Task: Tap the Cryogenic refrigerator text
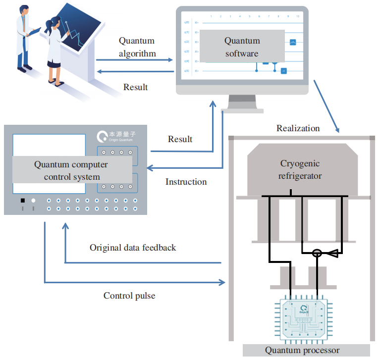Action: tap(300, 169)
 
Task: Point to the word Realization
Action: tap(298, 128)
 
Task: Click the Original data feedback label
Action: tap(132, 247)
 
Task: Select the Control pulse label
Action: tap(129, 296)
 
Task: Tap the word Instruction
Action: tap(186, 182)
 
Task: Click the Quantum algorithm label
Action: tap(137, 47)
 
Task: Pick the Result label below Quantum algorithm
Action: tap(135, 87)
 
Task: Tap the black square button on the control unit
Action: tap(22, 201)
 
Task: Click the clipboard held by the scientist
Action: tap(35, 31)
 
